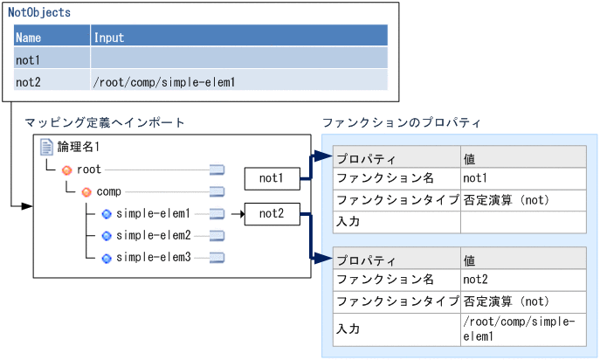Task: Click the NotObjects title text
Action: [x=39, y=13]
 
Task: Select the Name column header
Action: [x=29, y=38]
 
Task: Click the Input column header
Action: [x=109, y=38]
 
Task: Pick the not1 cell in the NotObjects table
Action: [x=29, y=59]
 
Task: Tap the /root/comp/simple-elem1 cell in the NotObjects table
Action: [x=163, y=81]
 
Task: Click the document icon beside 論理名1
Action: [x=47, y=148]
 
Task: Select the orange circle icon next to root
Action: [x=66, y=170]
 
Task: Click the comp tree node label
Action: [x=108, y=191]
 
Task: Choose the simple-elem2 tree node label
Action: [x=153, y=235]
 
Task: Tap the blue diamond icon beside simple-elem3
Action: [x=106, y=258]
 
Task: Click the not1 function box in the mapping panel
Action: [x=272, y=178]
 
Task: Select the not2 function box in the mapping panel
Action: [x=272, y=212]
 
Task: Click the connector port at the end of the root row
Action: [x=217, y=170]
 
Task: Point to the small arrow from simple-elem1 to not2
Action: [x=237, y=213]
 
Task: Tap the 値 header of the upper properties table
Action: [x=470, y=158]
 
